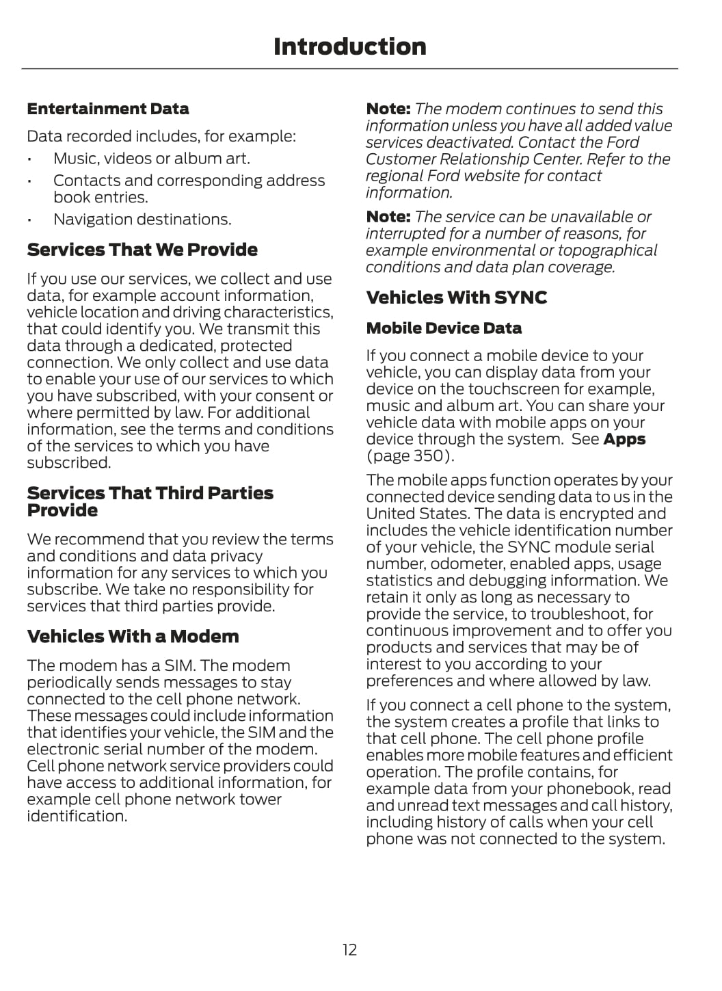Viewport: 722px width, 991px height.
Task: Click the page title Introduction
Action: (x=349, y=47)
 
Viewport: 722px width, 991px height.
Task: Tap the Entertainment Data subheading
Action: (x=108, y=109)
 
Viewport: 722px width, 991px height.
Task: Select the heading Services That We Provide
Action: (x=142, y=250)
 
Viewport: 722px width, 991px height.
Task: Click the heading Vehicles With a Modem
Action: (x=133, y=637)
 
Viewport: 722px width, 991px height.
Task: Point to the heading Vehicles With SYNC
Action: (x=457, y=298)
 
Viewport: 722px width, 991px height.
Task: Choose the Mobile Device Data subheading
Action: (x=444, y=328)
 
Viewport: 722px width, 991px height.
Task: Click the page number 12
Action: (x=349, y=949)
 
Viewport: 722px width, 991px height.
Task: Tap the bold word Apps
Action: (x=624, y=439)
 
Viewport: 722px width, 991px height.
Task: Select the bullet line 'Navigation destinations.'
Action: (x=142, y=220)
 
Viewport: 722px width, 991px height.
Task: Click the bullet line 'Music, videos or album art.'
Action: (x=152, y=159)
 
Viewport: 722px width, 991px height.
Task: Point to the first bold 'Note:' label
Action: (x=388, y=109)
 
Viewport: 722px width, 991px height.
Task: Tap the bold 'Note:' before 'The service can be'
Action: (x=388, y=217)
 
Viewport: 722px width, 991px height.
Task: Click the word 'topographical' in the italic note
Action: (x=609, y=250)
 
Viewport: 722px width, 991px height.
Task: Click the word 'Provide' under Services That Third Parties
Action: (x=62, y=510)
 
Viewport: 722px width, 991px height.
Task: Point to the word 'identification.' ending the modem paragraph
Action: (x=77, y=816)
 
